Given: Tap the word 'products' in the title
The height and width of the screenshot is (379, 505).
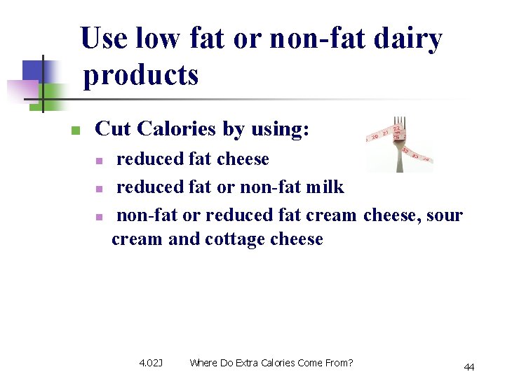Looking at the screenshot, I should tap(141, 74).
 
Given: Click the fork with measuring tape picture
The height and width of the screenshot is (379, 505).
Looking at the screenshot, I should tap(399, 143).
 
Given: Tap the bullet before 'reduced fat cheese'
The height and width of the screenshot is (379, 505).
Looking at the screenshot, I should tap(100, 161).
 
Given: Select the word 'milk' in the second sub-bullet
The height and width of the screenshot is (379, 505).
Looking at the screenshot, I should tap(326, 187).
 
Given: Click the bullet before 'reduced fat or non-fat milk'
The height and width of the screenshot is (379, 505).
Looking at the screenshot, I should tap(100, 189).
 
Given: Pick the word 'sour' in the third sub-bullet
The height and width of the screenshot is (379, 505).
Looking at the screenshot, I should tap(445, 215).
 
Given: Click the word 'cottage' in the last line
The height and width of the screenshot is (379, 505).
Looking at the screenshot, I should tap(235, 239).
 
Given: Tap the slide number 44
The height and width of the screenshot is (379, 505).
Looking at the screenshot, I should tap(469, 367).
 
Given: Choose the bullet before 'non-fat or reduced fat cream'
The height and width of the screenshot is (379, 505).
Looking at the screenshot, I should tap(100, 216).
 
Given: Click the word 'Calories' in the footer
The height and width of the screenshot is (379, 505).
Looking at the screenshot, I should tap(279, 363).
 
